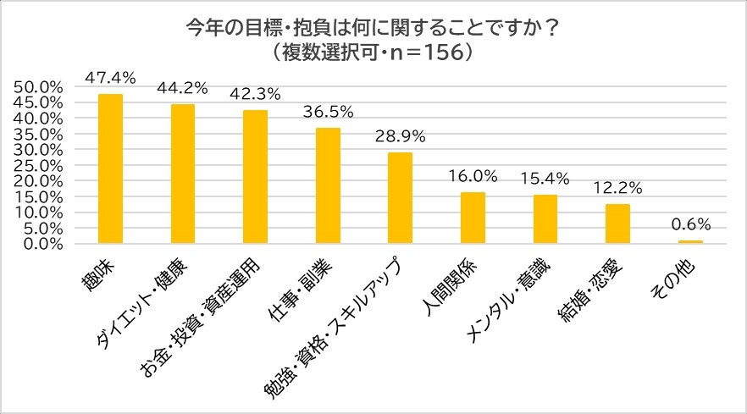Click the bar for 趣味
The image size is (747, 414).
point(110,169)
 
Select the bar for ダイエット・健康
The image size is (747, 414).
point(183,174)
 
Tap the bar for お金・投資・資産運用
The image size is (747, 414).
point(255,177)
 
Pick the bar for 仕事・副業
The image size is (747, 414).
point(328,186)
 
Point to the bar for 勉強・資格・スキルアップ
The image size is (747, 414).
point(400,198)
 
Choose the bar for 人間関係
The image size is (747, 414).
point(473,218)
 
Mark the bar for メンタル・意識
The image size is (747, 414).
point(545,219)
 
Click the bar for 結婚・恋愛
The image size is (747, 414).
point(617,224)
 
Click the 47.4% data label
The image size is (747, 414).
point(110,77)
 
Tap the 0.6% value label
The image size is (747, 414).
point(689,224)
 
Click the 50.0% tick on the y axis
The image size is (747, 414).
point(40,86)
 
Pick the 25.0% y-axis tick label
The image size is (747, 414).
point(40,165)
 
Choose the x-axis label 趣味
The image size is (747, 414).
point(99,269)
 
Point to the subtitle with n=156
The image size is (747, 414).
point(373,51)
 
